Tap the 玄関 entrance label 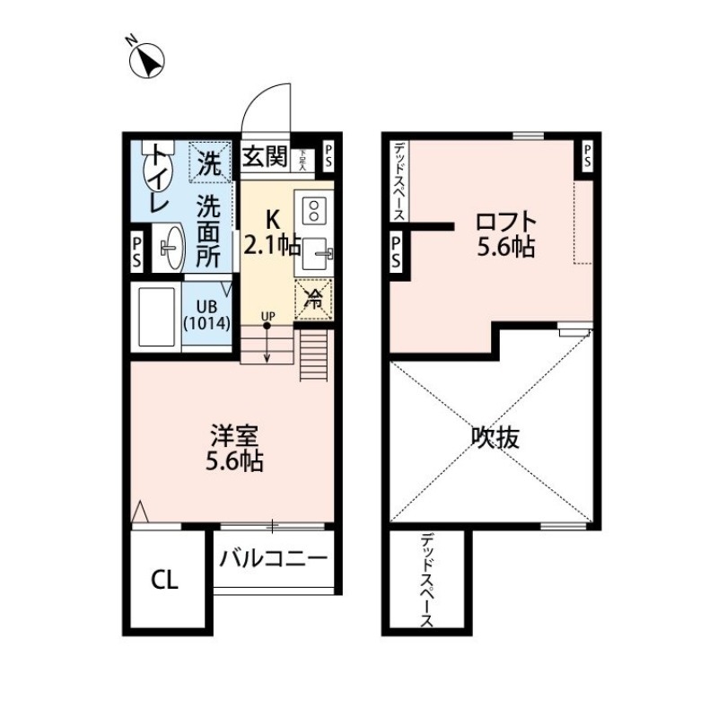point(265,159)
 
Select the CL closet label point(164,581)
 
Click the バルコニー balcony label point(273,558)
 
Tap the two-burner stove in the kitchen point(315,210)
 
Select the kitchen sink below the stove point(316,255)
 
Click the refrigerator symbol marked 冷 point(313,299)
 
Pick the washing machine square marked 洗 point(209,162)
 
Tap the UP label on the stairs point(267,315)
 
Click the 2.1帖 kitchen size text point(273,246)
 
